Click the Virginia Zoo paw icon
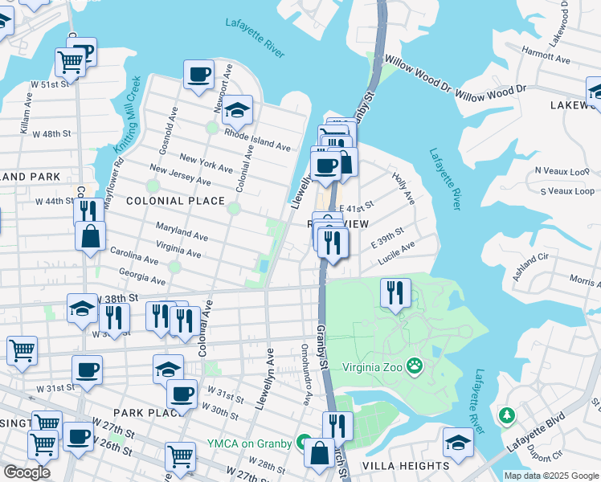415,366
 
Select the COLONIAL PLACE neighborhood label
163,201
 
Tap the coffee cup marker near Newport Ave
198,76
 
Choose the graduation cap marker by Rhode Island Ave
237,110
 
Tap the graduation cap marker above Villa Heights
458,442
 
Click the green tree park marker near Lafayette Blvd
506,415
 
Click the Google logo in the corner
27,472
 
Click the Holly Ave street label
403,186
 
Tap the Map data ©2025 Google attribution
551,476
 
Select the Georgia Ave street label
141,277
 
